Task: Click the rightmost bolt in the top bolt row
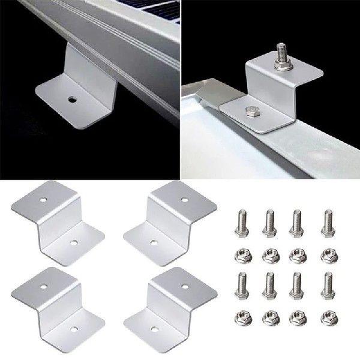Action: coord(328,221)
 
